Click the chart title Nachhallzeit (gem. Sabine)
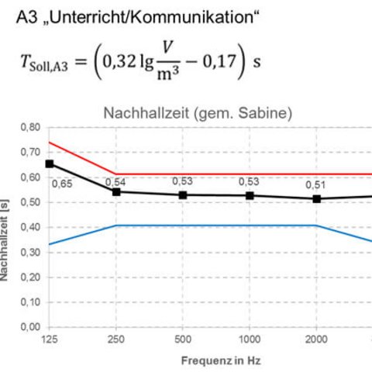pos(198,113)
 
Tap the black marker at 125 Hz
pos(50,164)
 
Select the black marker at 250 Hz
pos(116,192)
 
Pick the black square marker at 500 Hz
pos(183,195)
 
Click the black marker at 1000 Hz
pos(250,195)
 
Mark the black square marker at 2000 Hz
pos(316,199)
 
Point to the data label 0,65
pos(62,184)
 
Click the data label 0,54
pos(115,182)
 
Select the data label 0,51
pos(315,185)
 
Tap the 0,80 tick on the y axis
pos(30,127)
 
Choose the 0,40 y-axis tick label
pos(30,227)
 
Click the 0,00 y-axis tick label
pos(30,327)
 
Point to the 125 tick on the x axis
pos(50,339)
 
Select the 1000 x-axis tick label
pos(250,339)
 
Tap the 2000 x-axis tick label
pos(316,339)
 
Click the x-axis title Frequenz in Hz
pos(221,360)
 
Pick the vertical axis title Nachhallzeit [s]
pos(5,240)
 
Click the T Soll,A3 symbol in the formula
pos(44,63)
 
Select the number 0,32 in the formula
pos(119,61)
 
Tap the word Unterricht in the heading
pos(87,18)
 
